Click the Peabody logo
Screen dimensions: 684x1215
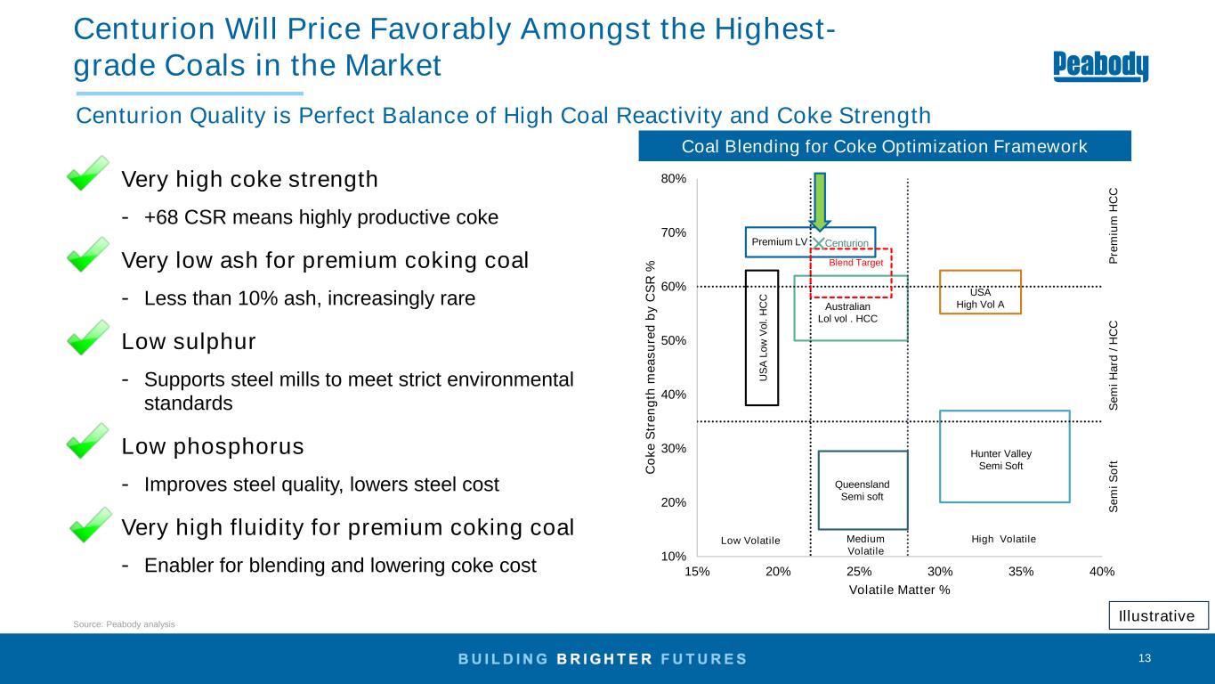click(1101, 66)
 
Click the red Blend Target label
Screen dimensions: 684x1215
click(855, 263)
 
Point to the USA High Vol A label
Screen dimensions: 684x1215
click(980, 297)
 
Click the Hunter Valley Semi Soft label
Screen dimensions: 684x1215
click(1001, 460)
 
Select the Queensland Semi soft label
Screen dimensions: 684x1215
click(862, 491)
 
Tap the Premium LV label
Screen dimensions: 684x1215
click(779, 241)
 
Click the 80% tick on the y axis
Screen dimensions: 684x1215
click(674, 179)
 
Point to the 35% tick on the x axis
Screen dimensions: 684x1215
click(1021, 572)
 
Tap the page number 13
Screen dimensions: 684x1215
click(1145, 658)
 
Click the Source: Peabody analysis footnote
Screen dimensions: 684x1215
click(124, 624)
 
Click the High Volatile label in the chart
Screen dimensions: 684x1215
click(1003, 539)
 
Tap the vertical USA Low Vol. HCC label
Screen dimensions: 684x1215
click(764, 338)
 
